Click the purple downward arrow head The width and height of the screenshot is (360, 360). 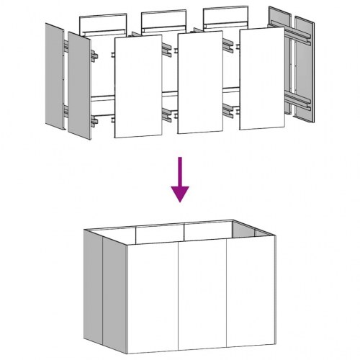(x=180, y=192)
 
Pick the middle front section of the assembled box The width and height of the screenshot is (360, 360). (x=203, y=295)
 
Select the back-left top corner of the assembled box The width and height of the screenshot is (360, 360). (x=84, y=229)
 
